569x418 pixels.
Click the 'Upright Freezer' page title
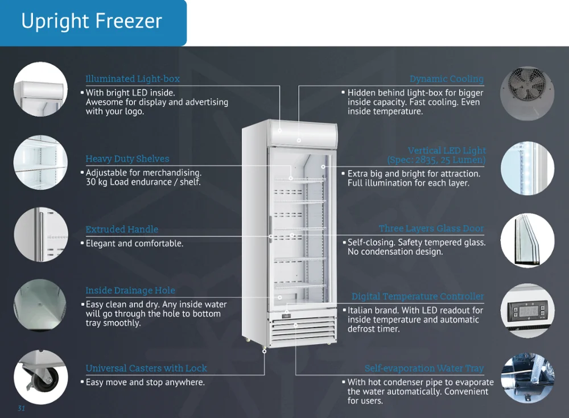(x=92, y=22)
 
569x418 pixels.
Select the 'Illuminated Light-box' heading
(x=132, y=79)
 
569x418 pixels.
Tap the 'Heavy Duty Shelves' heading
(x=127, y=159)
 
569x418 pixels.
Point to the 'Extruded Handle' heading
(x=122, y=229)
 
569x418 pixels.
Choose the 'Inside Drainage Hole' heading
(x=130, y=291)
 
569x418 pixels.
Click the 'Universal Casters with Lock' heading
(x=146, y=368)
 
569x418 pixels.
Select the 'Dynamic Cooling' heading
(x=446, y=79)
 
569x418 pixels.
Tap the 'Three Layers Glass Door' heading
(x=431, y=229)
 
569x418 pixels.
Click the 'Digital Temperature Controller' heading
(x=418, y=296)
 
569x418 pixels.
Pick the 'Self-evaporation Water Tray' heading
(x=424, y=369)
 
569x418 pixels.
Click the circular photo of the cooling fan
(x=527, y=94)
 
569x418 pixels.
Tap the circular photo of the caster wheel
(x=40, y=376)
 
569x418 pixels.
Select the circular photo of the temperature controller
(x=527, y=311)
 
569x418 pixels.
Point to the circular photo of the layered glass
(x=527, y=240)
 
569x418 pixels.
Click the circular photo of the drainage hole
(x=40, y=305)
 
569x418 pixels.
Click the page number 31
(x=22, y=408)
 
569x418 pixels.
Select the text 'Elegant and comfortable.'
(x=134, y=243)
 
